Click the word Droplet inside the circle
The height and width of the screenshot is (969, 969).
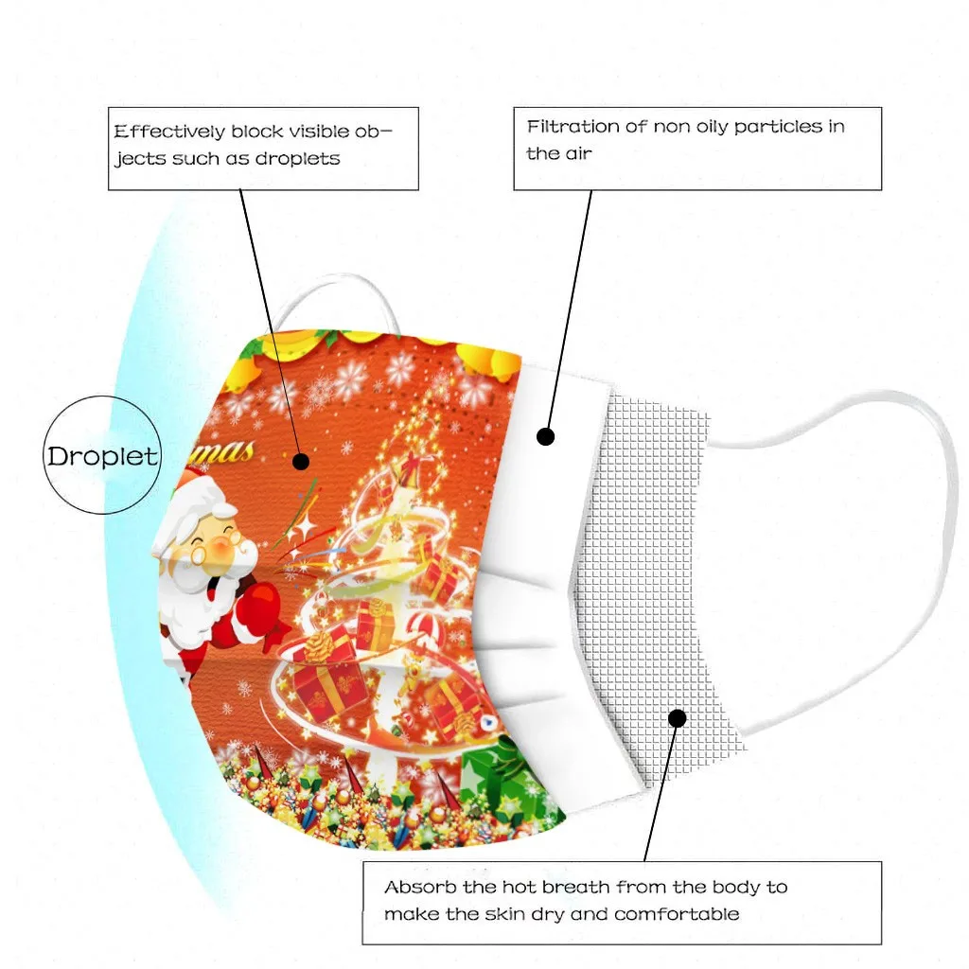point(102,456)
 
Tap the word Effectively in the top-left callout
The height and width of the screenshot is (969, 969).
point(168,132)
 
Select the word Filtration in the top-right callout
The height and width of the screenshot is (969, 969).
point(573,126)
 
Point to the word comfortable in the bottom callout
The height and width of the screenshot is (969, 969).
point(677,914)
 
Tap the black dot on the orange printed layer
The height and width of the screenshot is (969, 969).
point(301,462)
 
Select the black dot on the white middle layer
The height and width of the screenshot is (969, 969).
point(545,437)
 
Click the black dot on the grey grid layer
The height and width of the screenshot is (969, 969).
point(677,718)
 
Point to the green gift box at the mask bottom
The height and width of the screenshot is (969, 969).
point(511,771)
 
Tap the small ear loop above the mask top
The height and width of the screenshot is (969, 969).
point(331,298)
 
